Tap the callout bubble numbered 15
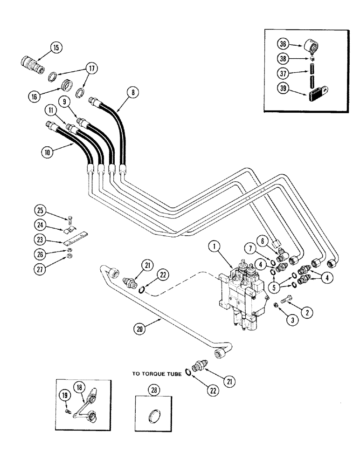[56, 47]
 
